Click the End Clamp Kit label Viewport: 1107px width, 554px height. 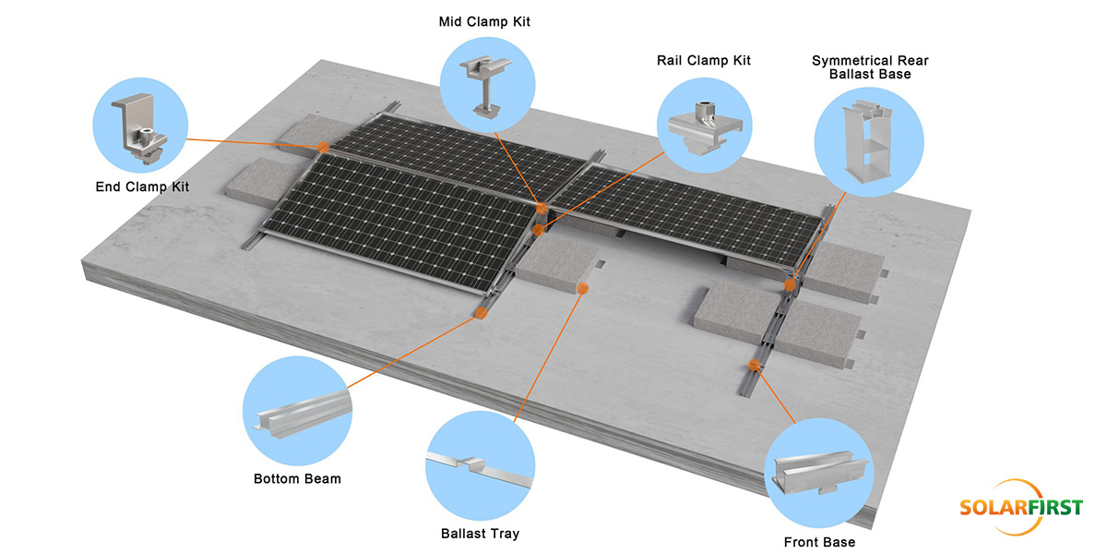142,187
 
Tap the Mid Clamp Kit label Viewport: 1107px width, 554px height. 484,22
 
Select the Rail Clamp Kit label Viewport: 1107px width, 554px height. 704,60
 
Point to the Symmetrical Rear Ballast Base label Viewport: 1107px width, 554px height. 870,67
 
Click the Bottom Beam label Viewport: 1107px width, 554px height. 297,479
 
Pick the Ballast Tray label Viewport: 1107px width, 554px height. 481,534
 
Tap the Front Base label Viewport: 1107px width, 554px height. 819,542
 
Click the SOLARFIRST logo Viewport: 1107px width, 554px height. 1021,507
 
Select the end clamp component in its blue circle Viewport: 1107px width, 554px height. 139,128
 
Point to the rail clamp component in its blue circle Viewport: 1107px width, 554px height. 705,127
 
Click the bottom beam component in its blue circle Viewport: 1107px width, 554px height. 303,414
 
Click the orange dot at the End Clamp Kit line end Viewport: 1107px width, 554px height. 323,148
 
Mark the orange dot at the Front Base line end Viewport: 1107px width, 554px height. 754,366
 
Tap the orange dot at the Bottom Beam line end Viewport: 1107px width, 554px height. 481,313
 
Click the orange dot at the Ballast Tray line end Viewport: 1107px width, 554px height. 583,288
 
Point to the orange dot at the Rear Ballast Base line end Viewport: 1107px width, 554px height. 791,285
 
